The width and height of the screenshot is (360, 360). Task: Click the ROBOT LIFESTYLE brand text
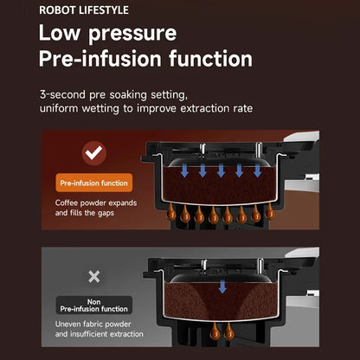(84, 10)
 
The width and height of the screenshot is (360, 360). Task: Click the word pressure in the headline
(132, 34)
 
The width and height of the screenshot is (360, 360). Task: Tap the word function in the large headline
(210, 59)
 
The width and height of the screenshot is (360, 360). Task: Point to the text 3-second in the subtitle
(62, 94)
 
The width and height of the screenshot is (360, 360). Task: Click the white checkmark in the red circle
(94, 153)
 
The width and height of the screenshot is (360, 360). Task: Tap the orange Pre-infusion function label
(94, 183)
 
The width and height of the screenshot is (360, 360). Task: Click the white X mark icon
(94, 277)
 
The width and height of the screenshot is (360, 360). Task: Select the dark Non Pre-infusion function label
(94, 305)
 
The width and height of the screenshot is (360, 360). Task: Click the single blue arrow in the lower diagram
(222, 286)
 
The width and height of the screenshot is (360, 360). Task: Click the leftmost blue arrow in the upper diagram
(184, 170)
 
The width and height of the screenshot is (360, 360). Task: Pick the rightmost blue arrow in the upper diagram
(258, 170)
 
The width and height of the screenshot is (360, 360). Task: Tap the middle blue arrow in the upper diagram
(221, 170)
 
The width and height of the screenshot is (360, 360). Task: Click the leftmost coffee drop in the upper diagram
(171, 212)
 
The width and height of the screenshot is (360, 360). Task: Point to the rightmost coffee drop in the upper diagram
(270, 212)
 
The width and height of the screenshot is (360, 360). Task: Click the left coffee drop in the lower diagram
(215, 331)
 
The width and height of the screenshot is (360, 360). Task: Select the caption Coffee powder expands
(96, 202)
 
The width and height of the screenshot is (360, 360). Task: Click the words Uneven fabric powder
(93, 325)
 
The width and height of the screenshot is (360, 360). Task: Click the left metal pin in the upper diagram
(202, 149)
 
